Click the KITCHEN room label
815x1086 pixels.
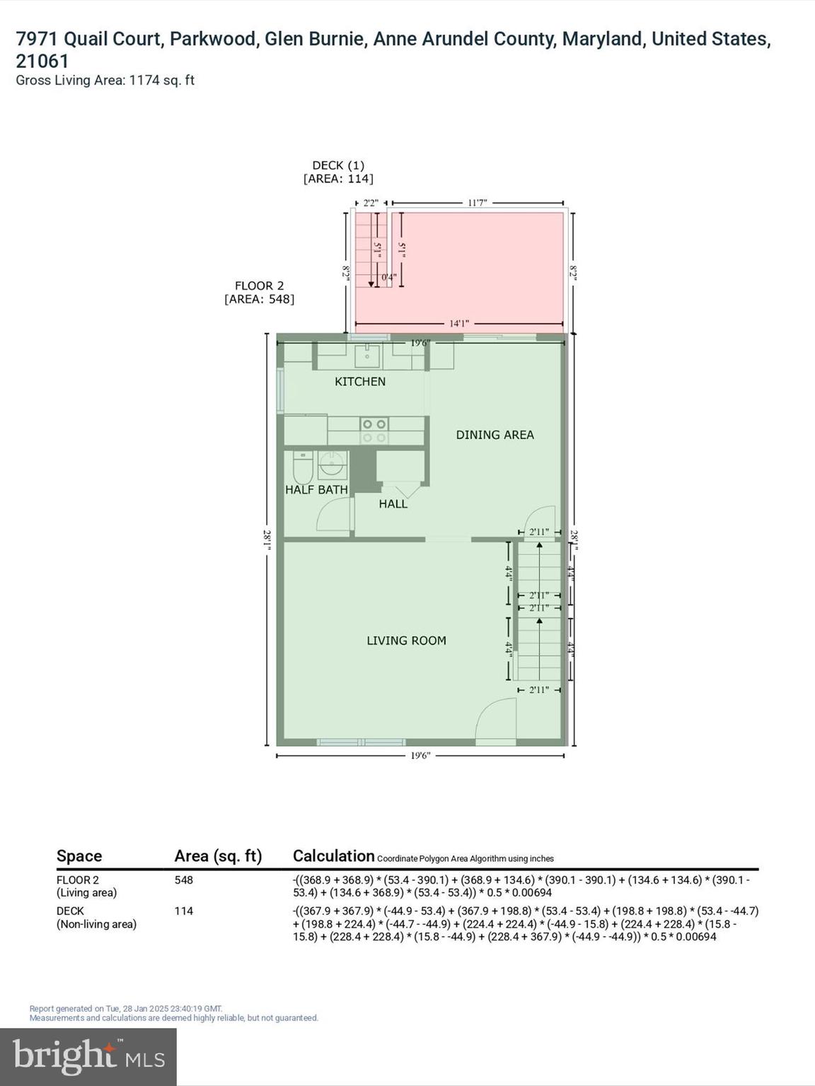click(360, 382)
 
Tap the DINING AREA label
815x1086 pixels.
click(495, 435)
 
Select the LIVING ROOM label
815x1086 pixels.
click(406, 641)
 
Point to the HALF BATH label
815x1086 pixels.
click(316, 489)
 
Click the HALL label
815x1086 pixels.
click(393, 504)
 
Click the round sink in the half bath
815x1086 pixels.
click(331, 465)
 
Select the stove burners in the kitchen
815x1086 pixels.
click(374, 431)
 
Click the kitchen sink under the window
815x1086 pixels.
click(367, 356)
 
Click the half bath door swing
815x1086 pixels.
click(333, 515)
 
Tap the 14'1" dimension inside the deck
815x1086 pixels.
click(459, 324)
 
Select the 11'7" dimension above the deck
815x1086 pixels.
click(478, 203)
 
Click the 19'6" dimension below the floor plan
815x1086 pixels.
click(420, 756)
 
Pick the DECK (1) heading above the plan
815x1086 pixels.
click(338, 165)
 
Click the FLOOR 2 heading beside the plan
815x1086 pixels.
click(259, 286)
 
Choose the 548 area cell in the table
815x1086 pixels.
click(184, 880)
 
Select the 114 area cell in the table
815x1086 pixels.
click(184, 911)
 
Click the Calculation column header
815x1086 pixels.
click(333, 856)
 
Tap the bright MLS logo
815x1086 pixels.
click(88, 1056)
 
